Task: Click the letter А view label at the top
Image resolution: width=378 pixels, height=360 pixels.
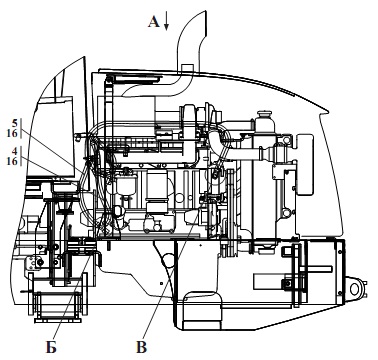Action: coord(154,22)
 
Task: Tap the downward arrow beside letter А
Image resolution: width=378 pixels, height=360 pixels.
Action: coord(166,22)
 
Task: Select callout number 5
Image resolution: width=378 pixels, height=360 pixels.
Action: coord(15,123)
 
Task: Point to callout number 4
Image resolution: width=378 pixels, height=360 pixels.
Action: coord(14,151)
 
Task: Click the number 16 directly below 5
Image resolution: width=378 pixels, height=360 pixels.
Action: coord(12,133)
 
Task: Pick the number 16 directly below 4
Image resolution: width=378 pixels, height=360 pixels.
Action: coord(12,161)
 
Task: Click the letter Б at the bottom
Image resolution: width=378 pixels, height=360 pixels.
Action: coord(51,348)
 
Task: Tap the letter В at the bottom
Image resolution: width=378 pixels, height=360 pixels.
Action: coord(142,348)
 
